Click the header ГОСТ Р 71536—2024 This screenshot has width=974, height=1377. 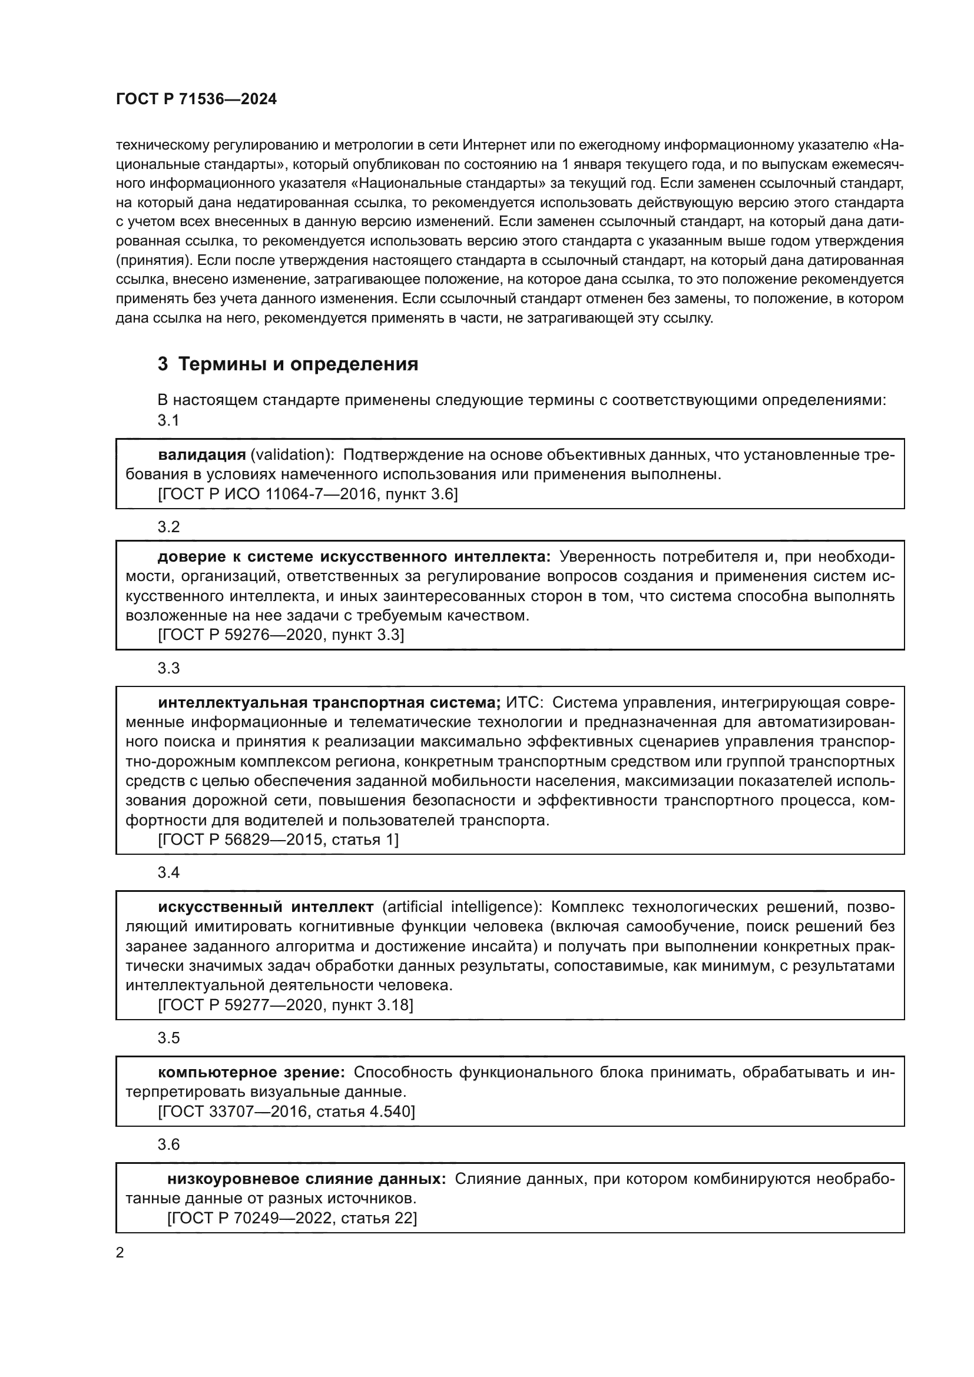click(196, 99)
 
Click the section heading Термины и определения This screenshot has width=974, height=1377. click(298, 364)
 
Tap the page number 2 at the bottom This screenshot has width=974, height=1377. click(120, 1253)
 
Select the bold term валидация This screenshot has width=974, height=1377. click(201, 455)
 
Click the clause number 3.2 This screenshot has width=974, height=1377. click(168, 527)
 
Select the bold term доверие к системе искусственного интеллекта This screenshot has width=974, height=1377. click(353, 557)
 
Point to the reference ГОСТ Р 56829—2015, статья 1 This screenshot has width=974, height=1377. click(279, 840)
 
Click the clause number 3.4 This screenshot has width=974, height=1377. click(168, 872)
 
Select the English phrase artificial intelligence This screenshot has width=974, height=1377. click(459, 907)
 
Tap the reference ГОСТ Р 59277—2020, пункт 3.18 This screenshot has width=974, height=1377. click(286, 1005)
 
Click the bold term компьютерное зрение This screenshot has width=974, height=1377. click(251, 1072)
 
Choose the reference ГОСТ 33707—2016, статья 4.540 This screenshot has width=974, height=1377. click(286, 1111)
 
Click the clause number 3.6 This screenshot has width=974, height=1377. click(168, 1145)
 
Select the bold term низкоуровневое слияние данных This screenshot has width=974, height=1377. click(306, 1179)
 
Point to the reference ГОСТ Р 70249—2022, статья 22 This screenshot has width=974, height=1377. click(291, 1218)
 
